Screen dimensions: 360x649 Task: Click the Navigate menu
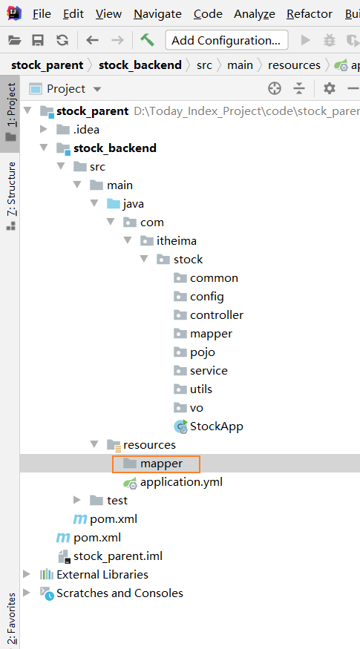pyautogui.click(x=157, y=14)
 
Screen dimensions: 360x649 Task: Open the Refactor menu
pyautogui.click(x=310, y=14)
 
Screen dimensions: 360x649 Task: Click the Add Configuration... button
pyautogui.click(x=226, y=40)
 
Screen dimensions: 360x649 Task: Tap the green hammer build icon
pyautogui.click(x=147, y=40)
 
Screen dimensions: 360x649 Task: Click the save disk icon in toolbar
pyautogui.click(x=38, y=40)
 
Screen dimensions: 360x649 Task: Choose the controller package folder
pyautogui.click(x=209, y=315)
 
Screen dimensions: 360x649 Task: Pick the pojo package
pyautogui.click(x=194, y=352)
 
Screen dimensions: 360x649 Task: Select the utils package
pyautogui.click(x=193, y=389)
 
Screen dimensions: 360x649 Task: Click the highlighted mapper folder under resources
pyautogui.click(x=156, y=464)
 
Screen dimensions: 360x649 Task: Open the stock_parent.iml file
pyautogui.click(x=110, y=556)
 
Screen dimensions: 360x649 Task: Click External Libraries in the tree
pyautogui.click(x=94, y=575)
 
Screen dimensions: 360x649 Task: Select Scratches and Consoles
pyautogui.click(x=111, y=593)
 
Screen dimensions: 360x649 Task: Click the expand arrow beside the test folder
pyautogui.click(x=76, y=500)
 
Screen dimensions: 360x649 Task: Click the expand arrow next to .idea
pyautogui.click(x=44, y=130)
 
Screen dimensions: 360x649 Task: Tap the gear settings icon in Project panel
pyautogui.click(x=330, y=88)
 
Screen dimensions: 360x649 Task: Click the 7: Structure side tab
pyautogui.click(x=11, y=196)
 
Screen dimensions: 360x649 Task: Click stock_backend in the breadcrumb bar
pyautogui.click(x=140, y=65)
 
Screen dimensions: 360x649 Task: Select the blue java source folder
pyautogui.click(x=125, y=204)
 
